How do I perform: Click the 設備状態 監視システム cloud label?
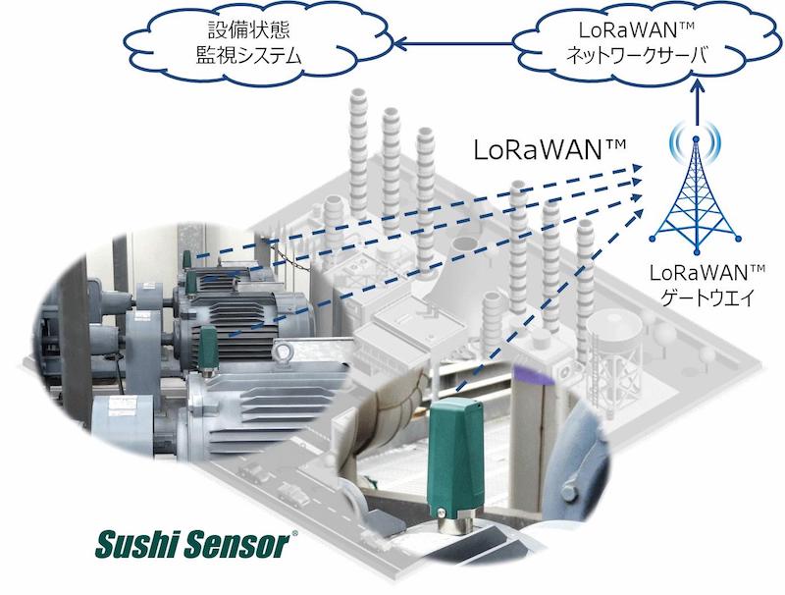[x=249, y=43]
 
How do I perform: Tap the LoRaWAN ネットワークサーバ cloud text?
[x=636, y=43]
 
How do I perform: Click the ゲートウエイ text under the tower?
[x=707, y=298]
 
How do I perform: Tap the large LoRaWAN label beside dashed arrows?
[x=549, y=150]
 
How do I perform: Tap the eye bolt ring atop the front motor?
[x=283, y=352]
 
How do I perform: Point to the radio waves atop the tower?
[x=697, y=137]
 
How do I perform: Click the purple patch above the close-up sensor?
[x=535, y=375]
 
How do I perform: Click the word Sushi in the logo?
[x=136, y=544]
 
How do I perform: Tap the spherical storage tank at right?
[x=614, y=326]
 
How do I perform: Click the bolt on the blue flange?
[x=568, y=488]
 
